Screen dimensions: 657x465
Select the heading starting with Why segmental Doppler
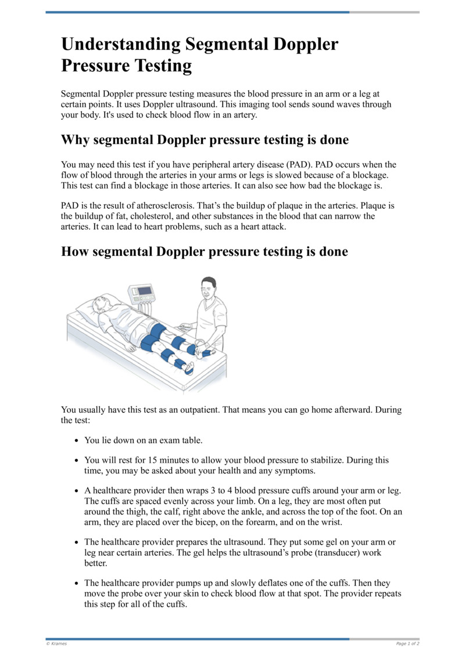(205, 140)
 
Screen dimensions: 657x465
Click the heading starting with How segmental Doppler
(205, 252)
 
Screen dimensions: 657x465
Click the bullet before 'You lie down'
(77, 441)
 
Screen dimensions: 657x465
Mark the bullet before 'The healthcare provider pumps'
(77, 583)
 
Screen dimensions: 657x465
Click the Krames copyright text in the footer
(56, 644)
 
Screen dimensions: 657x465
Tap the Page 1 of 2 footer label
(407, 644)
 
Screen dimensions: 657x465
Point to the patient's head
(100, 305)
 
